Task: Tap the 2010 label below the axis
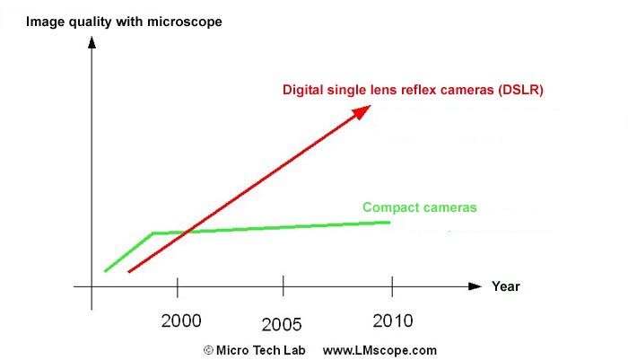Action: pyautogui.click(x=391, y=320)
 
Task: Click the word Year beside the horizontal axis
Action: pyautogui.click(x=505, y=286)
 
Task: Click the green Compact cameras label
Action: pyautogui.click(x=419, y=207)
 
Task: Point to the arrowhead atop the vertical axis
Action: pyautogui.click(x=92, y=41)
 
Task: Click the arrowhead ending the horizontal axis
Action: pyautogui.click(x=475, y=286)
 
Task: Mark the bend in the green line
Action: pyautogui.click(x=153, y=233)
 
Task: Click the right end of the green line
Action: pyautogui.click(x=389, y=222)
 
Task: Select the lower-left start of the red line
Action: pyautogui.click(x=130, y=271)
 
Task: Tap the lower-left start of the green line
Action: pyautogui.click(x=105, y=270)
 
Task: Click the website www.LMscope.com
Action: pyautogui.click(x=379, y=349)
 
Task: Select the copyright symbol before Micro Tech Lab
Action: pyautogui.click(x=207, y=349)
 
